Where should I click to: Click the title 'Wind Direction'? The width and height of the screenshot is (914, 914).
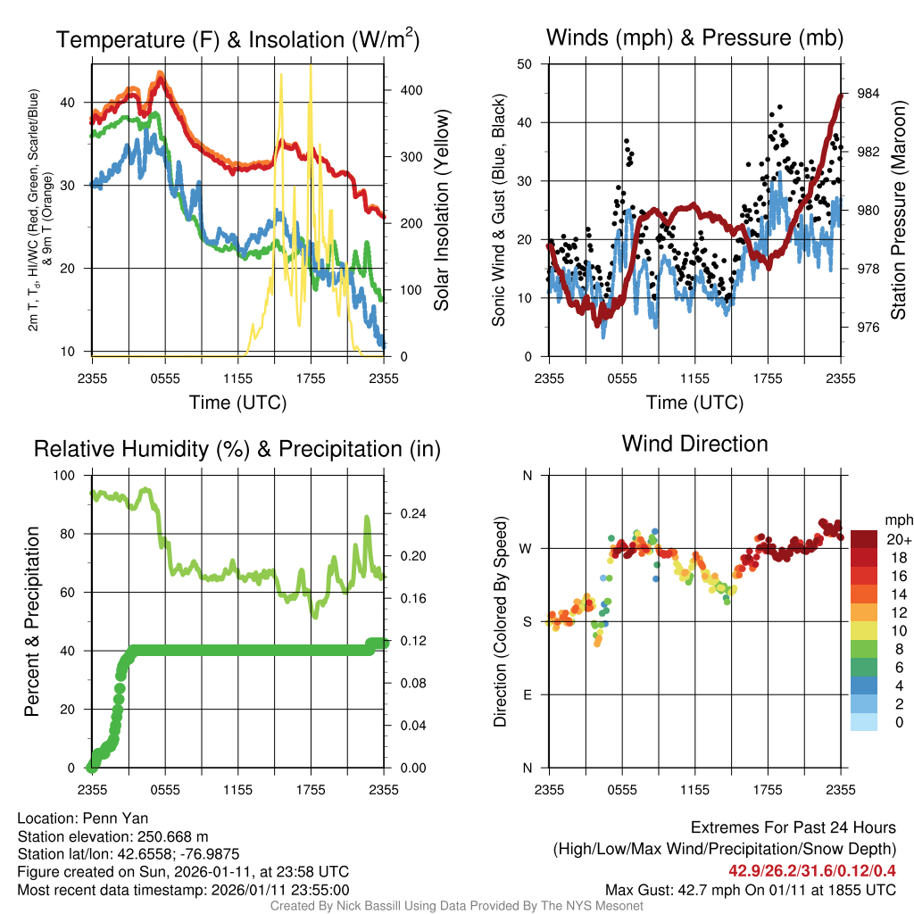tap(694, 444)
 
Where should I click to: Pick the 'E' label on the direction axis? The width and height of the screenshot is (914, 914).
tap(527, 694)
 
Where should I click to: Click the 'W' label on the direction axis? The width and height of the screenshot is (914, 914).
tap(526, 548)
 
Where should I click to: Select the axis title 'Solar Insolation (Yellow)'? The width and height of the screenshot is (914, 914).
tap(441, 210)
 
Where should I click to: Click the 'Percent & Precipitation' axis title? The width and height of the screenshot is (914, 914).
tap(32, 621)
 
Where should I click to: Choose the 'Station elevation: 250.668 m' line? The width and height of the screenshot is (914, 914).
tap(112, 836)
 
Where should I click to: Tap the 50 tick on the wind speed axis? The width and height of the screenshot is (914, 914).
tap(525, 64)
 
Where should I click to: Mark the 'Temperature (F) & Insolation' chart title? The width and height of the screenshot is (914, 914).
tap(237, 39)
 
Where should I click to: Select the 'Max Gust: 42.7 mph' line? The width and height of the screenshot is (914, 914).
tap(751, 890)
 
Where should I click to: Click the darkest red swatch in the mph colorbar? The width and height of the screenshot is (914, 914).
tap(865, 538)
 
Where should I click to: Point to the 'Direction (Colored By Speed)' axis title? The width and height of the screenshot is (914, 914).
tap(500, 621)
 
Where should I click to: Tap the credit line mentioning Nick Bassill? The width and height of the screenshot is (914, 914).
tap(456, 906)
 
